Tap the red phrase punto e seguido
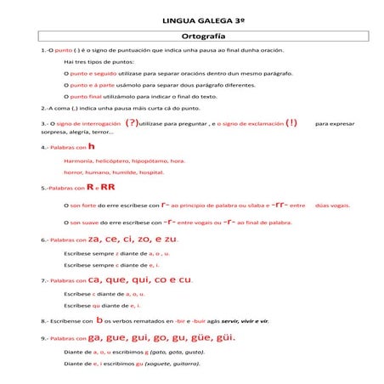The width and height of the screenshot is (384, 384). coord(92,74)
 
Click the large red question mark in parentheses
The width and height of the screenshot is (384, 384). coord(132,122)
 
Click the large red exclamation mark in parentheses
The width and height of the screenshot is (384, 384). coord(291,122)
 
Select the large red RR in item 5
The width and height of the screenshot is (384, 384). coord(108,187)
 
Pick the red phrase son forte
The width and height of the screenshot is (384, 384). coord(83,205)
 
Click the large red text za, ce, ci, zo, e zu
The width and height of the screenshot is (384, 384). coord(133,240)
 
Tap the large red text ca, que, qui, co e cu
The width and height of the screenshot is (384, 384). coord(139,280)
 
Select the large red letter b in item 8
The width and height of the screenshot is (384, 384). coord(99,320)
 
